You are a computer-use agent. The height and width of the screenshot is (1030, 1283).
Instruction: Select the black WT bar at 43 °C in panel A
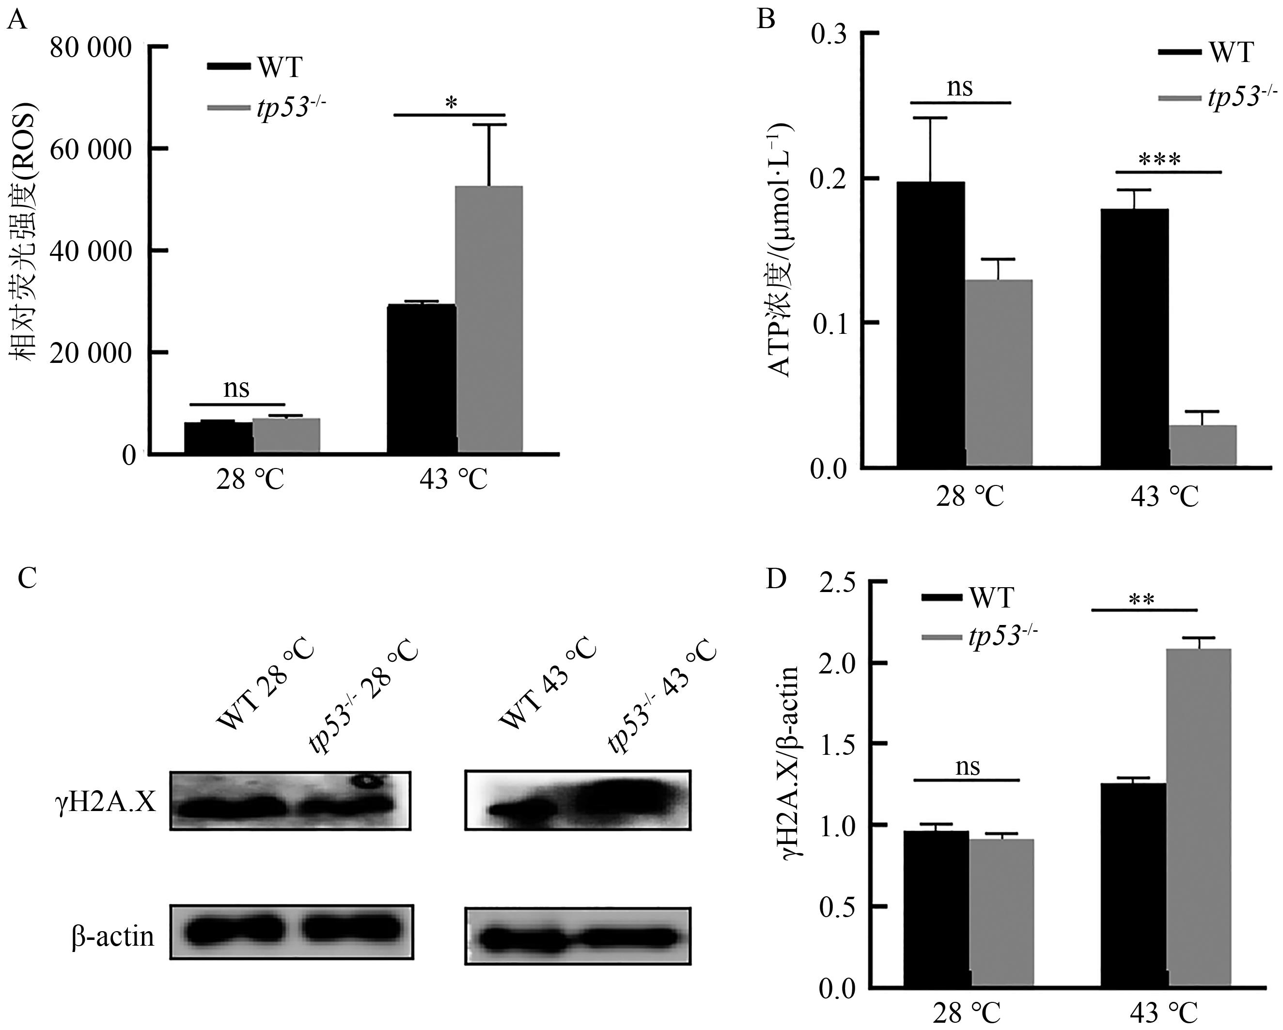point(422,378)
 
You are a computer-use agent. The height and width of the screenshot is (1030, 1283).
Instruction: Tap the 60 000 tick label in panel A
point(91,149)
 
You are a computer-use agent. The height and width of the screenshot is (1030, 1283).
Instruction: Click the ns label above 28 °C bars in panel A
point(236,389)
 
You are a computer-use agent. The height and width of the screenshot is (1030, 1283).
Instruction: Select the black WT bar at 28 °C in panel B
point(930,324)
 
